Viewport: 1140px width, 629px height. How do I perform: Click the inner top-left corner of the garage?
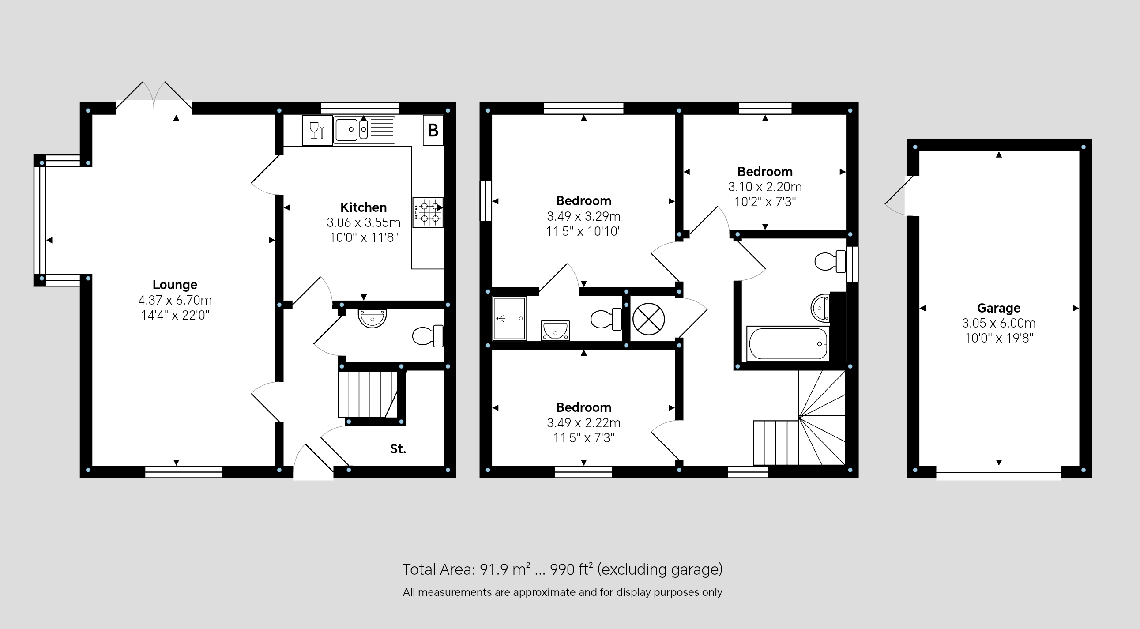[x=920, y=151]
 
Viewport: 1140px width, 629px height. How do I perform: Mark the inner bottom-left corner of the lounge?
[x=92, y=466]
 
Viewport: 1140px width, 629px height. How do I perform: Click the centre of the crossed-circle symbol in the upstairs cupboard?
[x=648, y=319]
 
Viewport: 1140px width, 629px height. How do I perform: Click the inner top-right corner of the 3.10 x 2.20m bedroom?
[x=846, y=115]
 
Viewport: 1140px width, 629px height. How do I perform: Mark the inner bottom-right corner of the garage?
[x=1080, y=466]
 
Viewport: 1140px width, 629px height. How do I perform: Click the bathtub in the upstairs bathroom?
[x=788, y=344]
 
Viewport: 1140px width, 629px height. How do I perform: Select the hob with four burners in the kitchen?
[x=428, y=212]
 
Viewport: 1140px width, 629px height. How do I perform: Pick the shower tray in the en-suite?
[x=509, y=319]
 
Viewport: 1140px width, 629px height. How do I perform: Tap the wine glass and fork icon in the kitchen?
[x=317, y=130]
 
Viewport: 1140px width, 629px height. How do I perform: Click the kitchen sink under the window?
[x=364, y=130]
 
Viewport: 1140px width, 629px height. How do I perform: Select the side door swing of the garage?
[x=900, y=196]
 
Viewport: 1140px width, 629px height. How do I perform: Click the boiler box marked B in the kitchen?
[x=433, y=130]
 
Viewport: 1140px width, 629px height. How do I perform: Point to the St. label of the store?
[x=398, y=449]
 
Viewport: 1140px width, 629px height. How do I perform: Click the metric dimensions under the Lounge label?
[x=175, y=300]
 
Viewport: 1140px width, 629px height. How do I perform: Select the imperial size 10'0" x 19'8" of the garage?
[x=999, y=338]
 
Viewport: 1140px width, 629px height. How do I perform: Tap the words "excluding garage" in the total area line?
[x=660, y=569]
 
